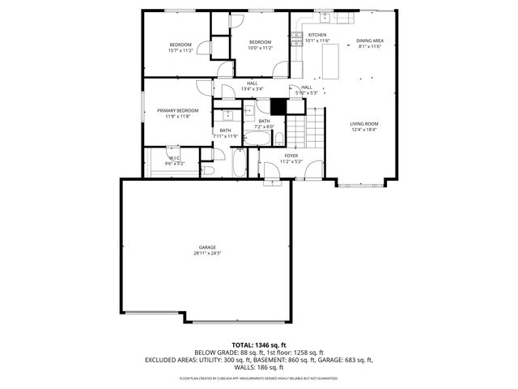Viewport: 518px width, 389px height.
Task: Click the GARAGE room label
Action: (208, 247)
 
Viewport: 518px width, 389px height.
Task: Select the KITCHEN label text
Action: (316, 36)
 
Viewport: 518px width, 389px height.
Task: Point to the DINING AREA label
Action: (369, 41)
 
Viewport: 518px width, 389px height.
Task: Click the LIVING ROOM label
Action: (364, 124)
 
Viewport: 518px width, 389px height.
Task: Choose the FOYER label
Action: (291, 156)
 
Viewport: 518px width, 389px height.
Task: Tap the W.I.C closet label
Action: (175, 158)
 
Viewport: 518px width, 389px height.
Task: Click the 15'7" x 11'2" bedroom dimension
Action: (180, 49)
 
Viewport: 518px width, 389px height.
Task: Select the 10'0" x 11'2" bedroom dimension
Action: (260, 48)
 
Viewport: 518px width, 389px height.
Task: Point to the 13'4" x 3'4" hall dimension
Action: (253, 88)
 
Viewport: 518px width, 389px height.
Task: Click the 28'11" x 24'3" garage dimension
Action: (208, 254)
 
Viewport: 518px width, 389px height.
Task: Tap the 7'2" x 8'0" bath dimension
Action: (265, 126)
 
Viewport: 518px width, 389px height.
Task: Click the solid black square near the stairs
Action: (279, 106)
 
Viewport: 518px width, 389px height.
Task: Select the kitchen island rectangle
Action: (329, 59)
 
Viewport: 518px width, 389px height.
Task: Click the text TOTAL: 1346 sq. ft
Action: (258, 345)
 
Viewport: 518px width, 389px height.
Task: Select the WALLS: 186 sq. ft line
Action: (258, 366)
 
